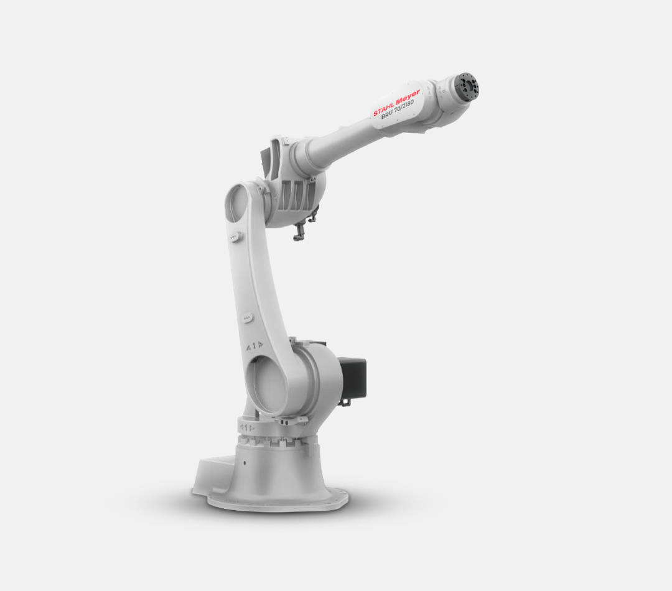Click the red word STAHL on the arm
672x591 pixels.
coord(383,108)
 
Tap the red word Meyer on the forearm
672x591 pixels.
coord(408,97)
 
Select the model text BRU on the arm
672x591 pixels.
coord(387,114)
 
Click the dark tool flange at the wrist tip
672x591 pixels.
coord(467,86)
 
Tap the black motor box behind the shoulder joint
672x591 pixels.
coord(352,376)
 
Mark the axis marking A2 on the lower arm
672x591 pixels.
coord(254,346)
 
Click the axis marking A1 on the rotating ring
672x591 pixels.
coord(247,427)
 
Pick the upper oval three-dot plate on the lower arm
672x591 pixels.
coord(234,237)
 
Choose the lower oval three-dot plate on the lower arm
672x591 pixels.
coord(247,317)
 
